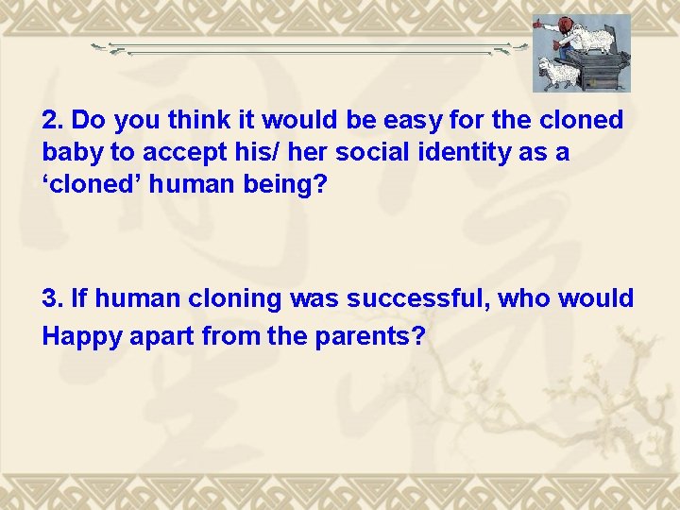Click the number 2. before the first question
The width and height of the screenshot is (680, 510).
54,121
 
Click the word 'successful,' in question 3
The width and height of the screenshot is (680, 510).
414,299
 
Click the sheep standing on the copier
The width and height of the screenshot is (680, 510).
594,37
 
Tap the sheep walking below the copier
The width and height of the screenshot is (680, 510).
559,73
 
